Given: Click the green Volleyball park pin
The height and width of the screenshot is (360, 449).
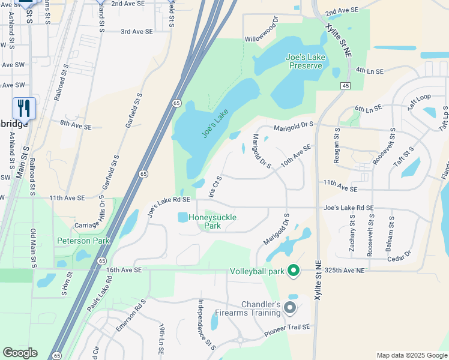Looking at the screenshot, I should (294, 271).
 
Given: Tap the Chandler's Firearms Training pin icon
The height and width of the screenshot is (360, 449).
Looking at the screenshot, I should (290, 308).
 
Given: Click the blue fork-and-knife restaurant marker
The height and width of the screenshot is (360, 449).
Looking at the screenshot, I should (24, 108).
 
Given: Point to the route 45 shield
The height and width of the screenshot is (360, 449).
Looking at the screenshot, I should (345, 86).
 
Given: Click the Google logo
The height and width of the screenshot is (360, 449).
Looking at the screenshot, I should (20, 353).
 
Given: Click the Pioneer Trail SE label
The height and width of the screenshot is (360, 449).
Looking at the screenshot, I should (287, 327).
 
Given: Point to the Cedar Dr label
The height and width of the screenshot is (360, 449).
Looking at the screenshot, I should (399, 254).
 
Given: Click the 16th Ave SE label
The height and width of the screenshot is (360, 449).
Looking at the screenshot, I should (124, 271).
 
